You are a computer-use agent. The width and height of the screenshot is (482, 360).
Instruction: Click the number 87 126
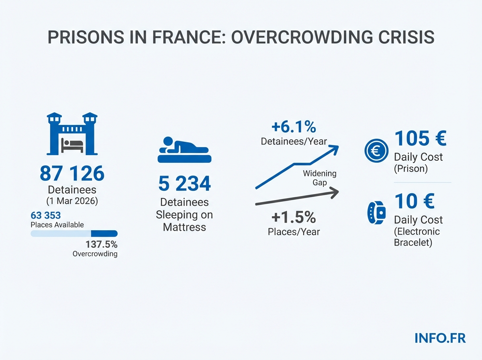(72, 173)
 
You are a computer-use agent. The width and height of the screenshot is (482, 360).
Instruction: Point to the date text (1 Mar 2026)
(72, 201)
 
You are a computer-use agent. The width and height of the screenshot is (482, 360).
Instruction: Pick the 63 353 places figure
(45, 216)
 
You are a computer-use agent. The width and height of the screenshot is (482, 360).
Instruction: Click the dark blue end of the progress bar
(104, 233)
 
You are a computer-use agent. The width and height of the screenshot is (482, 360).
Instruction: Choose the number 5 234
(184, 184)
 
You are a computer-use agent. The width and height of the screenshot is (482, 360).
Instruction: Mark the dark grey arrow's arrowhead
(335, 194)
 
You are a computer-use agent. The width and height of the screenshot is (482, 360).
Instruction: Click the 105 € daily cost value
(420, 139)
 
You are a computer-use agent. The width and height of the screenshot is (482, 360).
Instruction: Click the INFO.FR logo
(440, 338)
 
